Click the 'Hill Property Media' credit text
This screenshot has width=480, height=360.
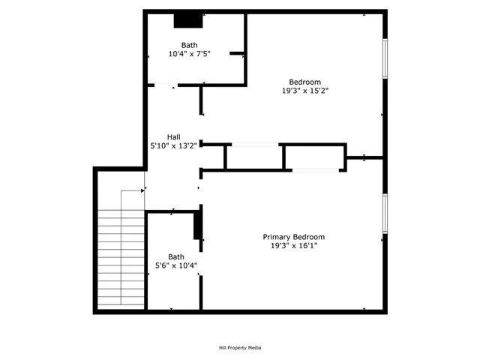(240, 347)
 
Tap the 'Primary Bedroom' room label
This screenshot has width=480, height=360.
(298, 237)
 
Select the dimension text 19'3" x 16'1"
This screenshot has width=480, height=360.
(298, 246)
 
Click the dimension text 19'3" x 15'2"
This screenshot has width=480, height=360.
(304, 91)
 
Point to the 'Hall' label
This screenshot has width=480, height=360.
(173, 136)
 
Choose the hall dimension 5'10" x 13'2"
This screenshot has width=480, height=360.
(173, 145)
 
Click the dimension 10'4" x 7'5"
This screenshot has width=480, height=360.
(189, 54)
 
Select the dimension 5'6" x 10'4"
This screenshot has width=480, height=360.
(176, 265)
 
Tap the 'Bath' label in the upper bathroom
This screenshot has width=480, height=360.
(189, 45)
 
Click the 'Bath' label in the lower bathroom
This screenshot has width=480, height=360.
(175, 256)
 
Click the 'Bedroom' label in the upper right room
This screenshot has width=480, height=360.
(304, 82)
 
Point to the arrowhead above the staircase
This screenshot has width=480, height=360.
(143, 190)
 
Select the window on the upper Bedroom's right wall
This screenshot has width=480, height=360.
(385, 58)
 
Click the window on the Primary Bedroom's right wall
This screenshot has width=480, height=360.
(385, 213)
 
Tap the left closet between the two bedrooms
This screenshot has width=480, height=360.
(253, 157)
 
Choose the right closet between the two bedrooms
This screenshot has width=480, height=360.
(314, 157)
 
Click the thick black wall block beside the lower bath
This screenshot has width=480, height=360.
(198, 224)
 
